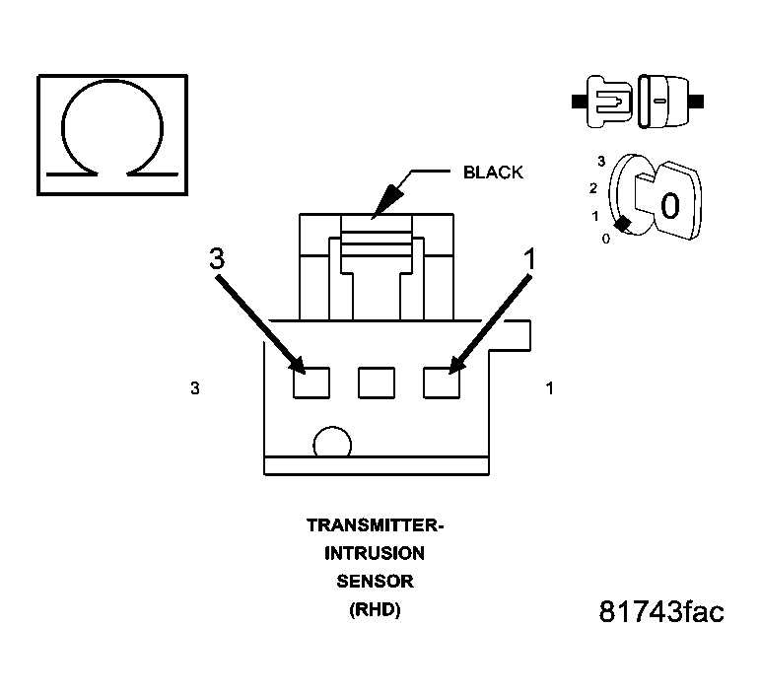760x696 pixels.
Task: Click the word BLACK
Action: (493, 173)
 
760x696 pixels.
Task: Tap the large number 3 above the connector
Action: (217, 259)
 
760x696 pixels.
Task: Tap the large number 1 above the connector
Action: (529, 259)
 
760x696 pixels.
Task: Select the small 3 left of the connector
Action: (195, 388)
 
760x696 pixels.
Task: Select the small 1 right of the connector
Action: (549, 388)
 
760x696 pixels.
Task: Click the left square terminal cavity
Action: (311, 382)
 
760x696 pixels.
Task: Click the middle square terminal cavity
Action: (376, 382)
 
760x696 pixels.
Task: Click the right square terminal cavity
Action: (441, 382)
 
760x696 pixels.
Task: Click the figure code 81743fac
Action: (661, 612)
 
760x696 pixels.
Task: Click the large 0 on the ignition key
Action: (668, 206)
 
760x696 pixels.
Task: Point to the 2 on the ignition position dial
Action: (593, 187)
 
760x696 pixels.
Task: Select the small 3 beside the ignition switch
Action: (601, 160)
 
